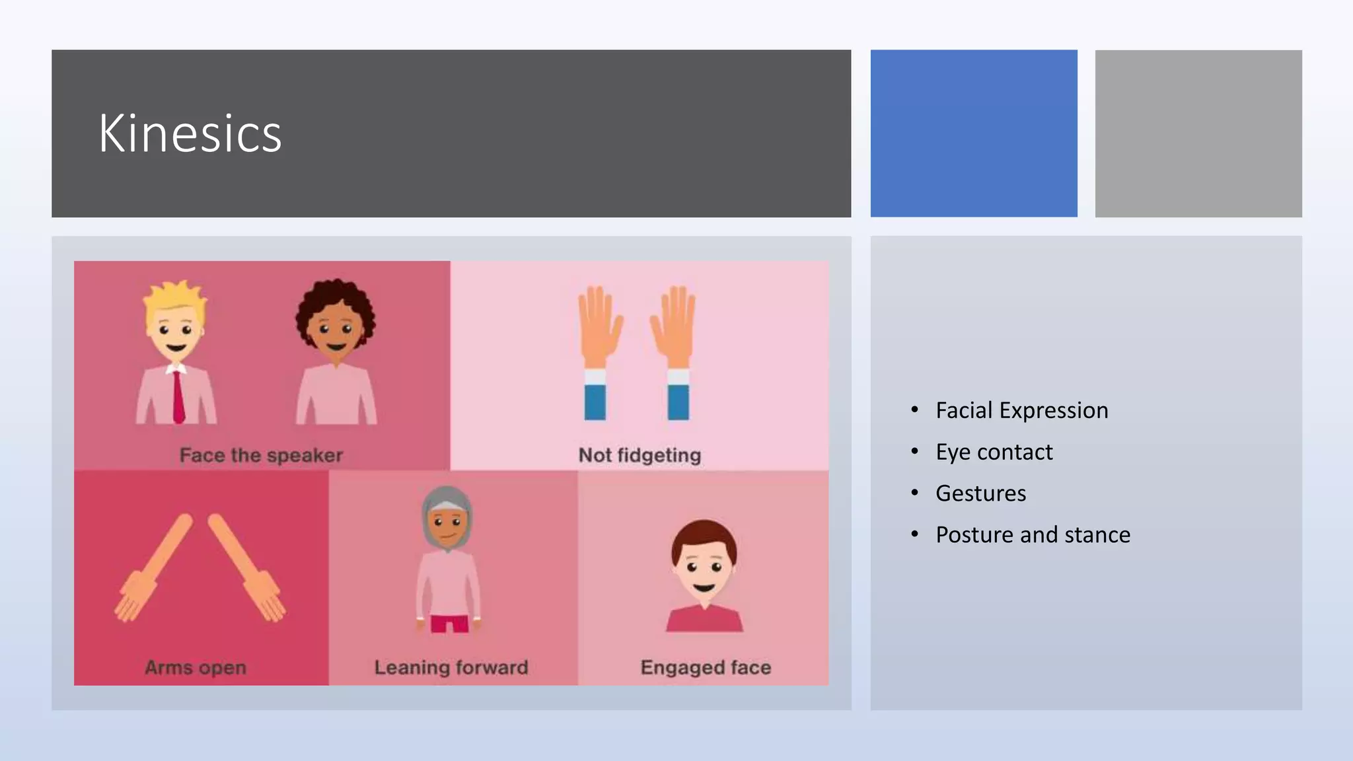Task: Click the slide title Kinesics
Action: coord(190,133)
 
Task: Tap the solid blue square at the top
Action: coord(973,133)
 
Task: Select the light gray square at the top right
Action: coord(1198,133)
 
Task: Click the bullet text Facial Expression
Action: coord(1021,410)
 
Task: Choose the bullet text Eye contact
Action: coord(994,452)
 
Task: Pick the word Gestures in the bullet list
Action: coord(980,493)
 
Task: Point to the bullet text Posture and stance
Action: coord(1033,534)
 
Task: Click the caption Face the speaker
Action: coord(261,455)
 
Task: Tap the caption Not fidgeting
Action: coord(640,455)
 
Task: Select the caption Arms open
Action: coord(196,667)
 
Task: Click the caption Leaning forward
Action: coord(451,667)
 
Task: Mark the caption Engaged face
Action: coord(706,667)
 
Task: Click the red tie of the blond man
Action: coord(178,396)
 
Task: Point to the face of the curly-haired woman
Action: coord(336,334)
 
